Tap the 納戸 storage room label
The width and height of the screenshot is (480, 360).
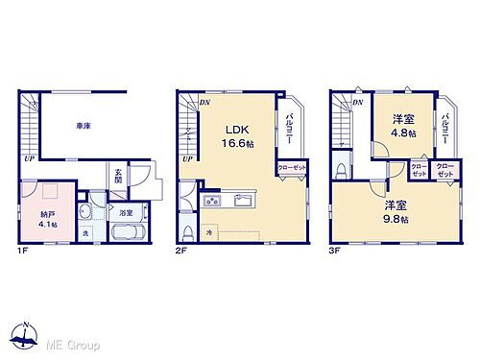46,214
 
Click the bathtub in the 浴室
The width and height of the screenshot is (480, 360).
126,234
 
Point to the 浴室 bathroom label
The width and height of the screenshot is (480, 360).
127,212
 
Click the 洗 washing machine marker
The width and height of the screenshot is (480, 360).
84,233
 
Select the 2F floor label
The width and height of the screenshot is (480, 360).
180,251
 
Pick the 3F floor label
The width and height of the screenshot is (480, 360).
336,251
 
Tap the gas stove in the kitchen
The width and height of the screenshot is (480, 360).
213,202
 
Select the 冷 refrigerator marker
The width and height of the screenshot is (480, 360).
208,231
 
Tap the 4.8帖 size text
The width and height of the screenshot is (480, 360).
404,133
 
